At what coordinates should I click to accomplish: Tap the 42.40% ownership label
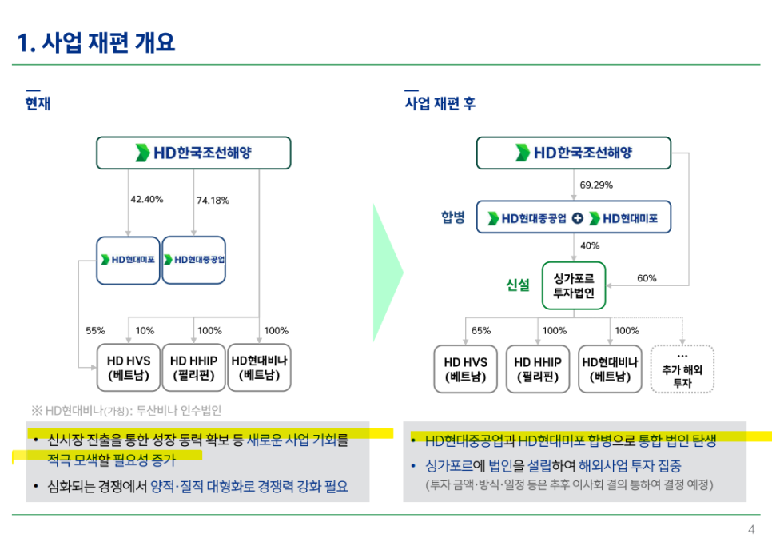pyautogui.click(x=147, y=200)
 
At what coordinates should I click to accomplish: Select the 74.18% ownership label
pyautogui.click(x=213, y=201)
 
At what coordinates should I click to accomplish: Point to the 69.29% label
pyautogui.click(x=596, y=185)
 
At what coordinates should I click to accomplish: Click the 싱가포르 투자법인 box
pyautogui.click(x=574, y=285)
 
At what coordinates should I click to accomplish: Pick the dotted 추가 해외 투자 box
pyautogui.click(x=682, y=369)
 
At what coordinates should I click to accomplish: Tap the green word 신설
pyautogui.click(x=517, y=285)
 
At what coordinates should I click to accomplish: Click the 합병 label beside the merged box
pyautogui.click(x=453, y=217)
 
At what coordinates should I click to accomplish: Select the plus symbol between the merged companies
pyautogui.click(x=578, y=218)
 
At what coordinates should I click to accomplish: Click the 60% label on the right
pyautogui.click(x=647, y=278)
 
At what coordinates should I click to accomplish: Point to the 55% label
pyautogui.click(x=96, y=331)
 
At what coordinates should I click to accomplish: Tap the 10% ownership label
pyautogui.click(x=145, y=331)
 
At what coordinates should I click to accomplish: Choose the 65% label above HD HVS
pyautogui.click(x=481, y=331)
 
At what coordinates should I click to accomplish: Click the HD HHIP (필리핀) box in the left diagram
pyautogui.click(x=193, y=368)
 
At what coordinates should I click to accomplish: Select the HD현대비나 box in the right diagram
pyautogui.click(x=610, y=369)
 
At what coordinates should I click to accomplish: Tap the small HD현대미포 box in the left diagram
pyautogui.click(x=128, y=261)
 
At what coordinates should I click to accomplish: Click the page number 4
pyautogui.click(x=751, y=530)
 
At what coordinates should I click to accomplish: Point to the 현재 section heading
pyautogui.click(x=38, y=103)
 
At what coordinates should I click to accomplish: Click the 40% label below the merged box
pyautogui.click(x=590, y=246)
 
